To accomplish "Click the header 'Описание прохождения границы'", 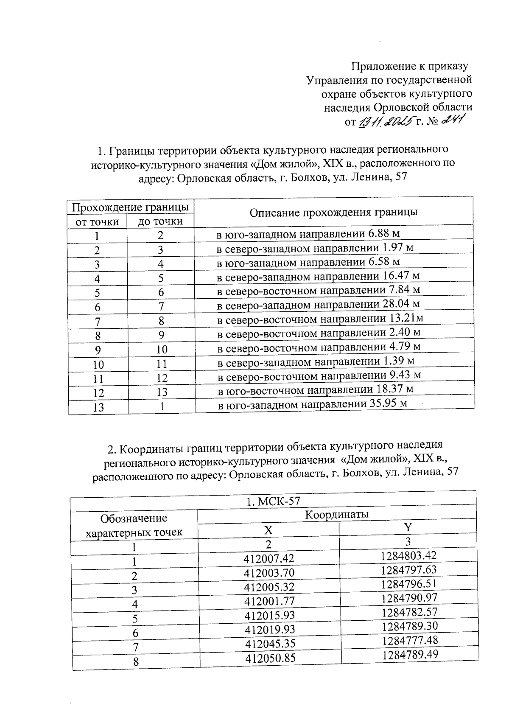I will click(333, 212).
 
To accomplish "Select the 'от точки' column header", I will click(97, 221).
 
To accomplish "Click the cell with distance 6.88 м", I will click(308, 234).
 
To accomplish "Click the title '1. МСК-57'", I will click(273, 501).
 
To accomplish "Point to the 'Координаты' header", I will click(337, 515).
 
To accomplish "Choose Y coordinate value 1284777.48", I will click(409, 640).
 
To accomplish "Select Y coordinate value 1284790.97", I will click(409, 598).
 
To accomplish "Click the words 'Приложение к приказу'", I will click(410, 66).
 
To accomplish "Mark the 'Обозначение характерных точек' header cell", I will click(134, 525).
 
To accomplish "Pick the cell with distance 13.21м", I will click(320, 319).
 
